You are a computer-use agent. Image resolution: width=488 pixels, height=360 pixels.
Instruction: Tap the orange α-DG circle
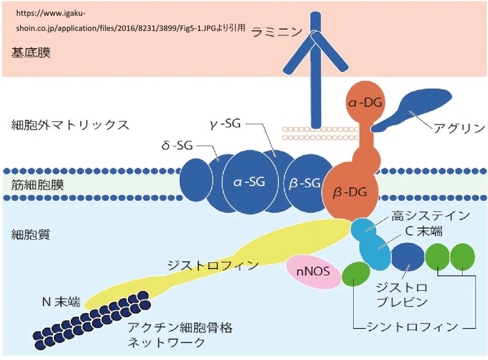[x=365, y=102]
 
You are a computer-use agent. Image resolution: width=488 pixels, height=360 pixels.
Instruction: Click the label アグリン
[x=459, y=128]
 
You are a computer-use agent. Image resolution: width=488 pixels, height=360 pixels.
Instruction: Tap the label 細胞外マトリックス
[x=70, y=125]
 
